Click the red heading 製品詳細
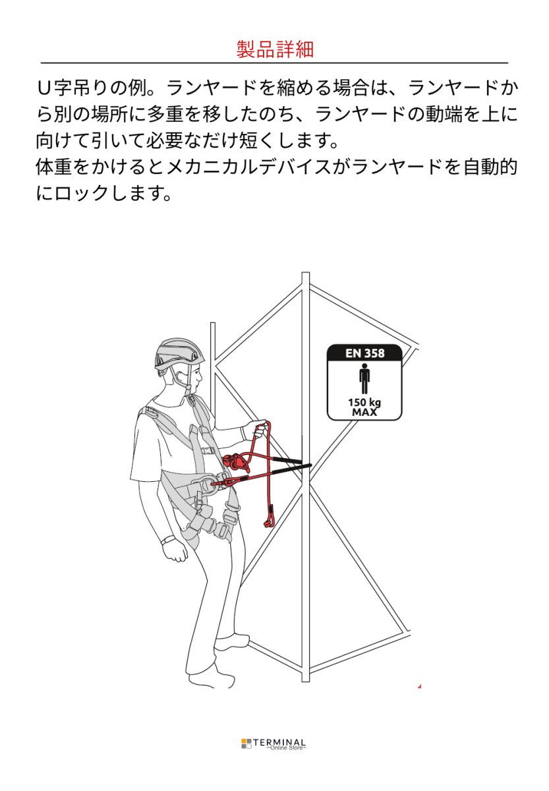coord(275,49)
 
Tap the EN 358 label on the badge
coord(364,353)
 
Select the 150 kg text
coord(364,402)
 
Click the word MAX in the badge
coord(364,412)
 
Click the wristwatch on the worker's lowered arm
coord(166,541)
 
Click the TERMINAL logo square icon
coord(246,744)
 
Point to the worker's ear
coord(178,378)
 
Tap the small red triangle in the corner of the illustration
coord(419,686)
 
